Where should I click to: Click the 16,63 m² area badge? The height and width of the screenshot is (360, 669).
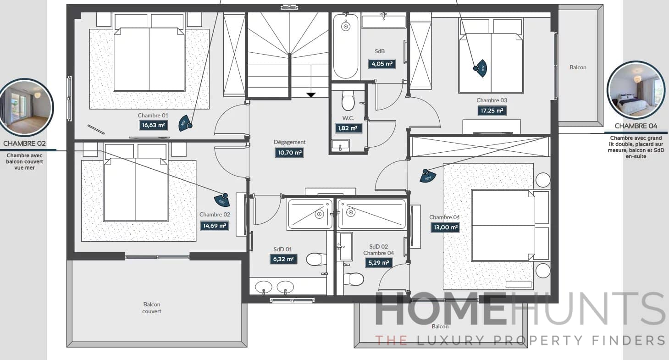click(153, 125)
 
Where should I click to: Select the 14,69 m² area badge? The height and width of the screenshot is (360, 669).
click(214, 226)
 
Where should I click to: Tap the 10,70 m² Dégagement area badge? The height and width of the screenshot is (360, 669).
click(289, 152)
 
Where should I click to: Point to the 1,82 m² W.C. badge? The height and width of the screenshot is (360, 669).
click(348, 128)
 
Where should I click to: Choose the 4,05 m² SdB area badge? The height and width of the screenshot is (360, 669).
click(382, 64)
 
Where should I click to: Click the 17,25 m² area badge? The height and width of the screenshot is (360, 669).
click(492, 111)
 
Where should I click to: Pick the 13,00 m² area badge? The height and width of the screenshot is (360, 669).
click(445, 227)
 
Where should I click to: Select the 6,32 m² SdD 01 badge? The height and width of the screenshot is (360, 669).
click(283, 259)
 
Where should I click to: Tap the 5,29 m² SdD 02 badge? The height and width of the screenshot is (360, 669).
click(378, 263)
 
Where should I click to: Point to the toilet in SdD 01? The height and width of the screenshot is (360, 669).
click(316, 260)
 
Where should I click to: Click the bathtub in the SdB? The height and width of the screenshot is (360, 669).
click(346, 46)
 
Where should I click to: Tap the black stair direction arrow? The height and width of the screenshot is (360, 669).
click(311, 95)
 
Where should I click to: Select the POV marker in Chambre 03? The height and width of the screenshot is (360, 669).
click(481, 68)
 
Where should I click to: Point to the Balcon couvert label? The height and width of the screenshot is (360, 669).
click(152, 308)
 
